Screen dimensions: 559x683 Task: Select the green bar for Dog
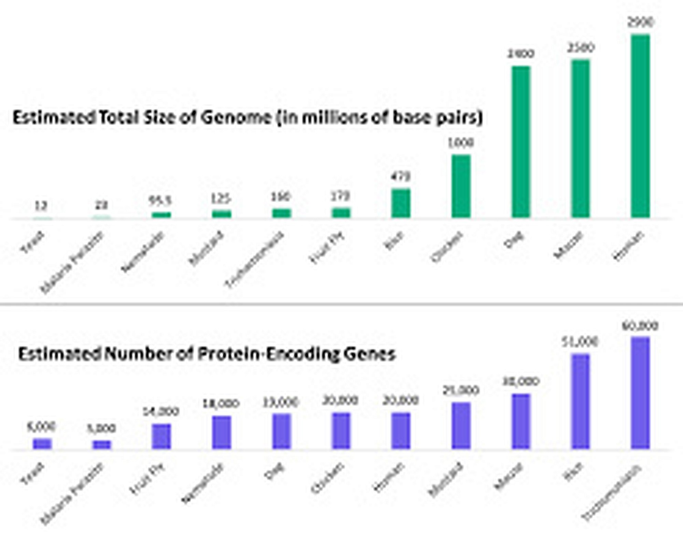(x=521, y=142)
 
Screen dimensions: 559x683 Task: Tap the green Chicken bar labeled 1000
(x=461, y=186)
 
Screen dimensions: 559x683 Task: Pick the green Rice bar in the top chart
(x=401, y=203)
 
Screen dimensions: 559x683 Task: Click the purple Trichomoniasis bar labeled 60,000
(x=640, y=393)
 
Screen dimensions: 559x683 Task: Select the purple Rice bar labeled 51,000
(x=580, y=401)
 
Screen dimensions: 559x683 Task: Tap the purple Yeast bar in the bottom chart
(x=42, y=443)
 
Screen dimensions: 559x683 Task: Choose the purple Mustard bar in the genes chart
(x=461, y=425)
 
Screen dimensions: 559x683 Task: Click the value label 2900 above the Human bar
(x=640, y=23)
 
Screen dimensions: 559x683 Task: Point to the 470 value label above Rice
(x=401, y=177)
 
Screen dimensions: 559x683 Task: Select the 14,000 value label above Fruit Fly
(x=161, y=411)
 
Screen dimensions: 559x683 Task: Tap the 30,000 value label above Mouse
(x=521, y=381)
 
